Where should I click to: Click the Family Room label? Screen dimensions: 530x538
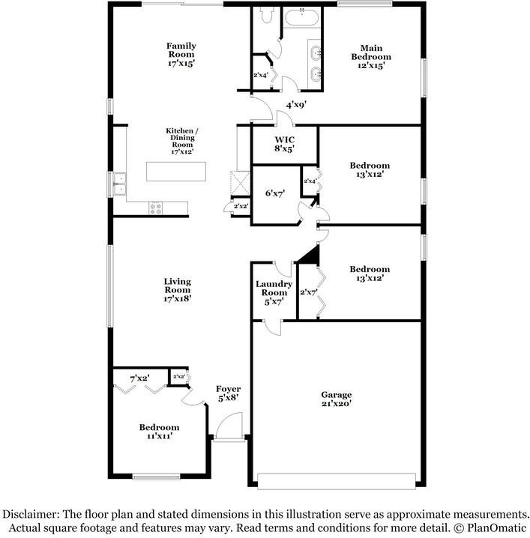pyautogui.click(x=181, y=55)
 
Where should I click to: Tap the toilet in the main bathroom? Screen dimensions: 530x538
pyautogui.click(x=267, y=16)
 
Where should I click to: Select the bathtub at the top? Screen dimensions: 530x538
pyautogui.click(x=301, y=17)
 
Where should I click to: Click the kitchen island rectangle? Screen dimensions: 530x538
pyautogui.click(x=176, y=171)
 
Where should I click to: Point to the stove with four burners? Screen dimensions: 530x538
pyautogui.click(x=155, y=208)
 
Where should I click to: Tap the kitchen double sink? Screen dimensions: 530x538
pyautogui.click(x=120, y=184)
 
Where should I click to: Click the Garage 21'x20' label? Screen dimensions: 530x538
pyautogui.click(x=337, y=399)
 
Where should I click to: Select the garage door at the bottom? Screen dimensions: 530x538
pyautogui.click(x=337, y=481)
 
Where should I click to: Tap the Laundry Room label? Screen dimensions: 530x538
pyautogui.click(x=274, y=293)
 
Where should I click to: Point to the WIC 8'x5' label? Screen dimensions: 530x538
pyautogui.click(x=284, y=144)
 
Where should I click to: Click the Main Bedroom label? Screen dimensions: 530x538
pyautogui.click(x=371, y=57)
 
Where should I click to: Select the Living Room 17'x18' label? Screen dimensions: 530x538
pyautogui.click(x=177, y=290)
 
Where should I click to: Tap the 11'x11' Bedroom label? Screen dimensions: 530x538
pyautogui.click(x=159, y=432)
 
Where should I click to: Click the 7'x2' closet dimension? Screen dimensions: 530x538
pyautogui.click(x=139, y=379)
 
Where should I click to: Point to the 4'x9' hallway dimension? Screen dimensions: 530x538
pyautogui.click(x=296, y=105)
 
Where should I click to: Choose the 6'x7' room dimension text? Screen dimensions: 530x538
pyautogui.click(x=275, y=193)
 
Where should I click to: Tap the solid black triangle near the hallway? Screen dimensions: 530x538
pyautogui.click(x=310, y=255)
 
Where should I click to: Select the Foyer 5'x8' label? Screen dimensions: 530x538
pyautogui.click(x=229, y=393)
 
